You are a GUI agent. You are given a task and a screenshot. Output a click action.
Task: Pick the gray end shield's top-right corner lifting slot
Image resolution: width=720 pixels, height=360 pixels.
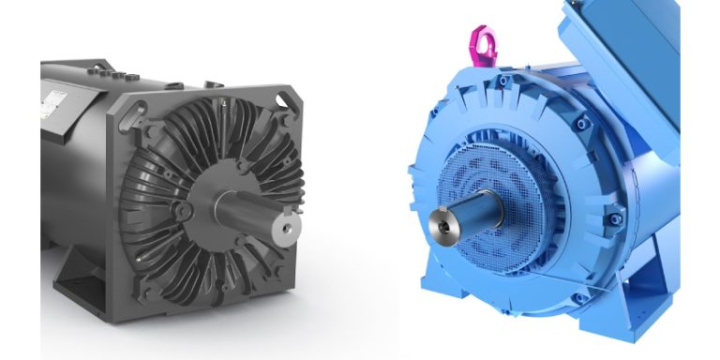[x=282, y=99]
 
